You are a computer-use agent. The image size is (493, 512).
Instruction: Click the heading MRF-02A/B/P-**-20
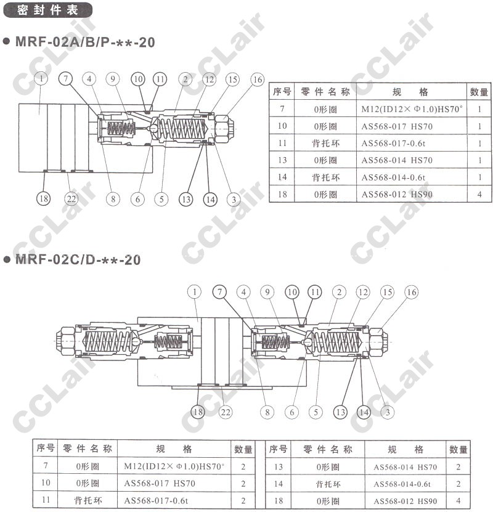click(85, 43)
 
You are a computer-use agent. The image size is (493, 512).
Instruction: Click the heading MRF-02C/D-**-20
click(78, 259)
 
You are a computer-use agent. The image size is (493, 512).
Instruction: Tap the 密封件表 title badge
click(47, 10)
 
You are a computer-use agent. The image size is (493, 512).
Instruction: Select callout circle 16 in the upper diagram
click(257, 79)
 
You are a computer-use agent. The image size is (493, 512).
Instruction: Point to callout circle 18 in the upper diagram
click(44, 198)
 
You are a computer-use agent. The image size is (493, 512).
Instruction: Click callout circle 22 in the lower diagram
click(226, 412)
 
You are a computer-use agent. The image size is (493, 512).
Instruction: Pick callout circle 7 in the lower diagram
click(219, 292)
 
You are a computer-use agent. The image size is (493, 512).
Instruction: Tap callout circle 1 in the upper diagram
click(41, 78)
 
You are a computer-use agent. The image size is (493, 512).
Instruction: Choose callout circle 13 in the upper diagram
click(185, 199)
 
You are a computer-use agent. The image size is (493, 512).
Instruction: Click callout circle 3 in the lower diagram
click(388, 412)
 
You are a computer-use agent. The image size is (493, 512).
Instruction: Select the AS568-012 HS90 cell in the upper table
click(397, 194)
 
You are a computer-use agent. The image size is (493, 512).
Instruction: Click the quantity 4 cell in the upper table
click(479, 194)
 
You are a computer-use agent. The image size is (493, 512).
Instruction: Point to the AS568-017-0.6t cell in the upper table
click(393, 144)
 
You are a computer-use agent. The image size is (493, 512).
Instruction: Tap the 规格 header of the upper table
click(410, 92)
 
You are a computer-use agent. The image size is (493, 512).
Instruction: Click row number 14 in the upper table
click(282, 177)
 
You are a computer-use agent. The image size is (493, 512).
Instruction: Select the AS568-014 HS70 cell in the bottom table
click(405, 467)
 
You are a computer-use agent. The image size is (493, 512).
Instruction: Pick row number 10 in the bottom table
click(46, 482)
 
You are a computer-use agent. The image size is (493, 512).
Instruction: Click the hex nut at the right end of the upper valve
click(225, 128)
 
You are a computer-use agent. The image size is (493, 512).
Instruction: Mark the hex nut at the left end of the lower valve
click(65, 341)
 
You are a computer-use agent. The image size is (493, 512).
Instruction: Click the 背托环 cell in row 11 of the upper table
click(325, 144)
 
